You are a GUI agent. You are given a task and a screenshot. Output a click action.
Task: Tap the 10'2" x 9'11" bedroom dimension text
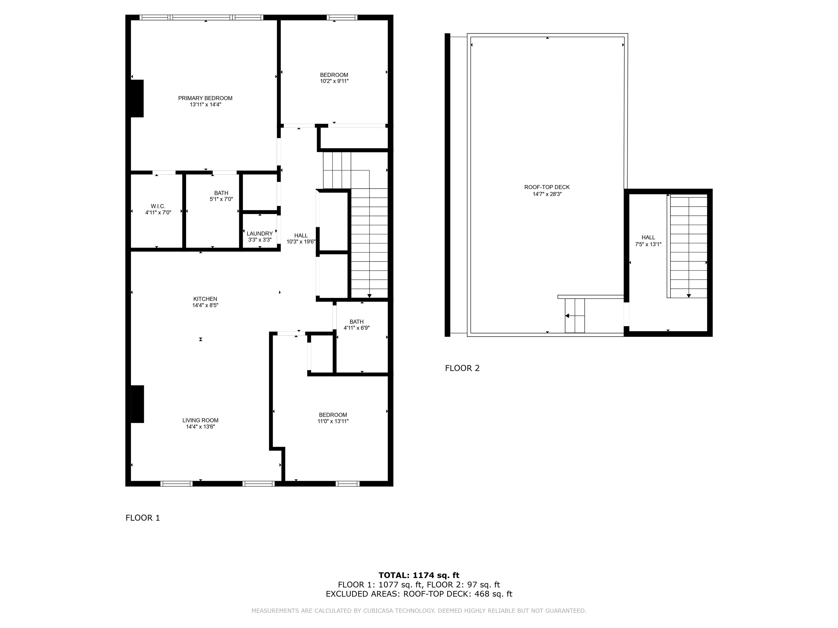(334, 81)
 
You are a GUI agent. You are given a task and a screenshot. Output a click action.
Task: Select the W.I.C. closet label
(158, 206)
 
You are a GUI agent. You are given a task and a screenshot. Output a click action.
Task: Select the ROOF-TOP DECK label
(547, 187)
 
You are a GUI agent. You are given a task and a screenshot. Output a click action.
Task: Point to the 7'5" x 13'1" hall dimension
(648, 244)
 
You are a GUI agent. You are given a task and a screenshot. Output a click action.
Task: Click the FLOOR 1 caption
(143, 518)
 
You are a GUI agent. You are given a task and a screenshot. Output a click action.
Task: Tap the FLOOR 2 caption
(462, 368)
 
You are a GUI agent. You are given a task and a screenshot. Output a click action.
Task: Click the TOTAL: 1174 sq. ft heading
(419, 575)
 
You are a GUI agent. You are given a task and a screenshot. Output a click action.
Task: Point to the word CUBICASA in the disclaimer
(380, 611)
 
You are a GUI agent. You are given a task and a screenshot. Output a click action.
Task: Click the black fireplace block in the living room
(137, 404)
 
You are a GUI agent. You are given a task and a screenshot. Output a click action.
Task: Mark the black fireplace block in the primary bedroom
(137, 98)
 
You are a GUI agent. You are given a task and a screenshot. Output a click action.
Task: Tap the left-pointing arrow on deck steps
(567, 316)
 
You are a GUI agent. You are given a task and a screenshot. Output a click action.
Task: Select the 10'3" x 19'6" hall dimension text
(301, 241)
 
